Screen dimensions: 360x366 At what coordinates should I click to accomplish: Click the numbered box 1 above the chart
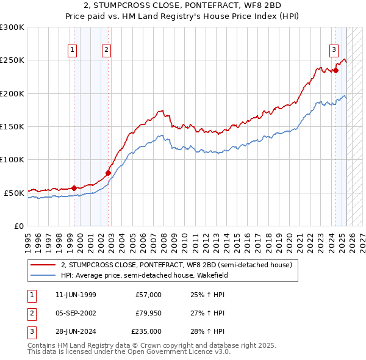pos(73,50)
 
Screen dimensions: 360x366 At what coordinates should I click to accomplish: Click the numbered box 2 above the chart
pos(106,50)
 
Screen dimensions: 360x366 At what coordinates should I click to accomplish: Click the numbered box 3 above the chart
pos(334,50)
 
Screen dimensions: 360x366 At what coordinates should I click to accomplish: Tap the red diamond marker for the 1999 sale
pos(74,188)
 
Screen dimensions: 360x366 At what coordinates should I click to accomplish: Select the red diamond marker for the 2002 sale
pos(108,173)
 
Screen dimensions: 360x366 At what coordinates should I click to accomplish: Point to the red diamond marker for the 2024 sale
pos(335,70)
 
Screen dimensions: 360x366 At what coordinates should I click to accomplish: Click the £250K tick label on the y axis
pos(12,60)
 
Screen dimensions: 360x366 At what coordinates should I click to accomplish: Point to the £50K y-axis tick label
pos(15,193)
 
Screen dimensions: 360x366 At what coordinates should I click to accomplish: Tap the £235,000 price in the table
pos(146,331)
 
